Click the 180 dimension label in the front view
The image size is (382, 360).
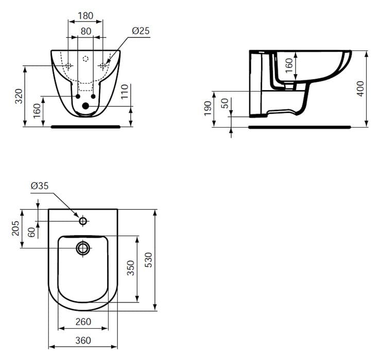[x=85, y=15]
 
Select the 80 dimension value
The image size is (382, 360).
[x=85, y=31]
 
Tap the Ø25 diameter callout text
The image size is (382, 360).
[x=140, y=31]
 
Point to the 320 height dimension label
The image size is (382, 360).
[x=19, y=96]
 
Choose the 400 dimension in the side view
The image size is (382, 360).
[x=360, y=88]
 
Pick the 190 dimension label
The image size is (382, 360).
[x=207, y=107]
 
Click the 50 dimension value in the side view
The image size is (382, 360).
[x=224, y=103]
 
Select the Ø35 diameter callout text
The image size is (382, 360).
[x=40, y=186]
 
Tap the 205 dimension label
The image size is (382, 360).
[x=15, y=228]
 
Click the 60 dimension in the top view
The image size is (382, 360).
[x=32, y=231]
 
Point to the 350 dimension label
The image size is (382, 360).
[x=130, y=268]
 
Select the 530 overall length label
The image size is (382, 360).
[x=148, y=260]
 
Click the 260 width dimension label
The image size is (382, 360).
[x=83, y=322]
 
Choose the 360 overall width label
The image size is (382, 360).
[x=83, y=340]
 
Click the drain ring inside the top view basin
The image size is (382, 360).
[x=83, y=248]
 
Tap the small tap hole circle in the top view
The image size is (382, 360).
[x=83, y=221]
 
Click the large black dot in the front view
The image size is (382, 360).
[x=85, y=106]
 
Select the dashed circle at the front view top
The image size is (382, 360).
[x=85, y=59]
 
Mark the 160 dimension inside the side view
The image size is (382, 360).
[x=289, y=64]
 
